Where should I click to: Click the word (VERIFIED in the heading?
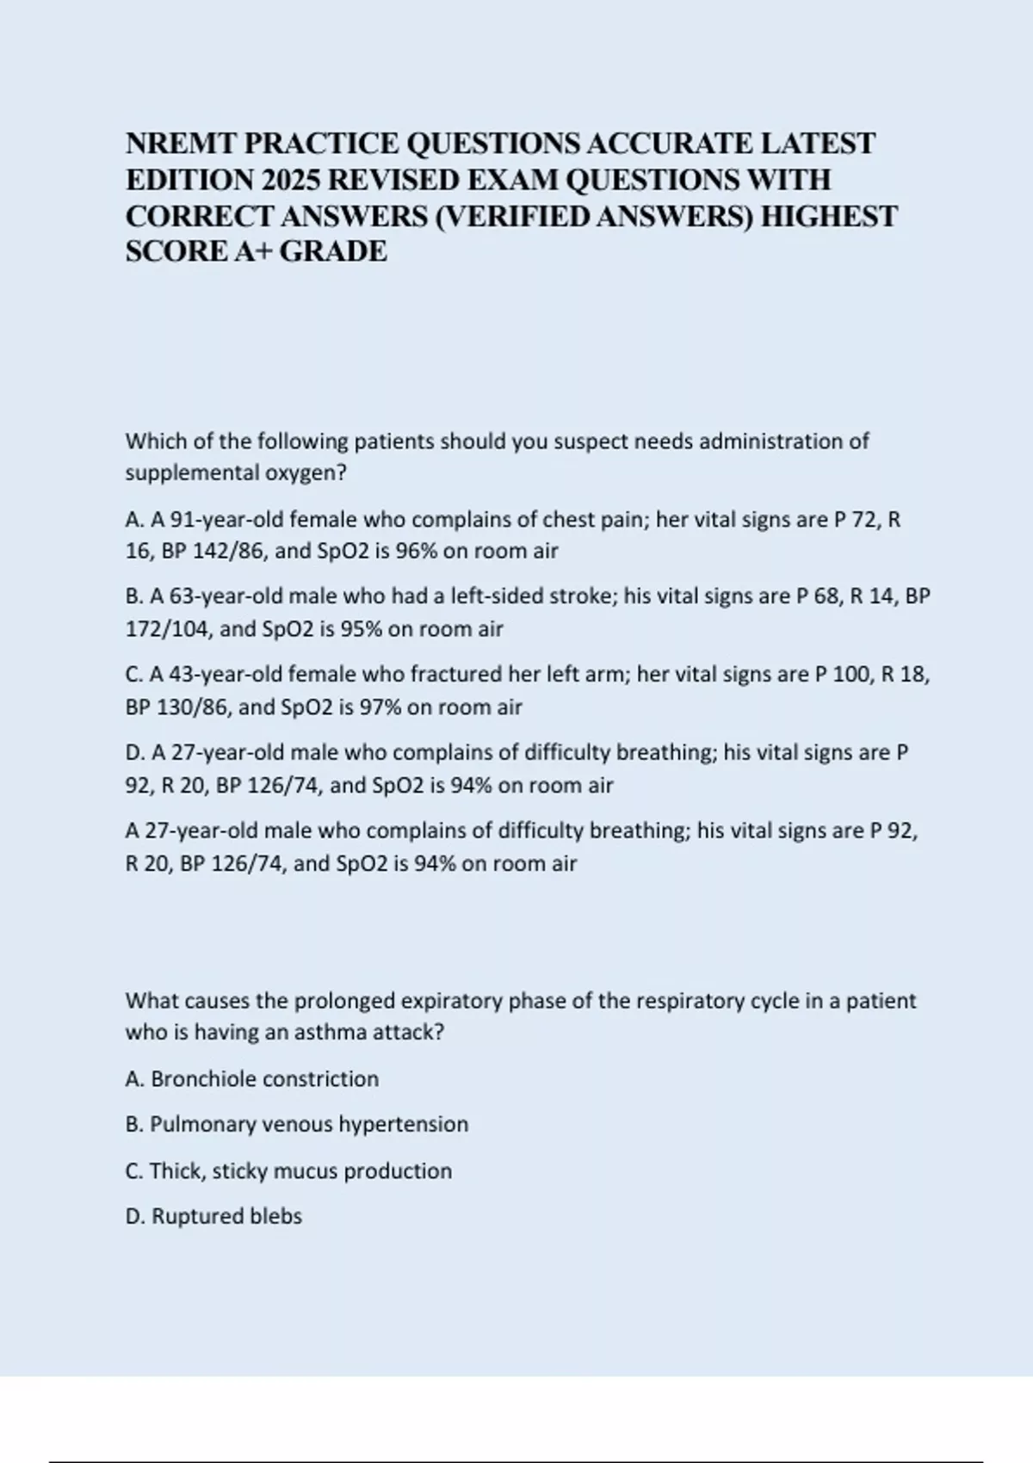[513, 216]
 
